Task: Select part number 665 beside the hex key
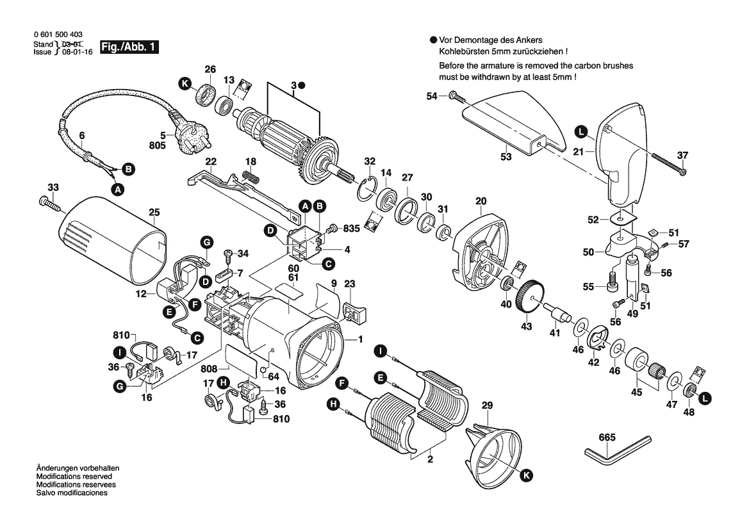coord(607,438)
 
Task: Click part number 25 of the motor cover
coord(154,211)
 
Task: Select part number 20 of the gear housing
coord(481,201)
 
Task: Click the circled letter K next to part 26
coord(185,83)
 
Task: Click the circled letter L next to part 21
coord(580,133)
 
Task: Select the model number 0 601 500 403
coord(57,35)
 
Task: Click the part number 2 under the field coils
coord(431,459)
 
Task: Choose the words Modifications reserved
coord(74,477)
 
